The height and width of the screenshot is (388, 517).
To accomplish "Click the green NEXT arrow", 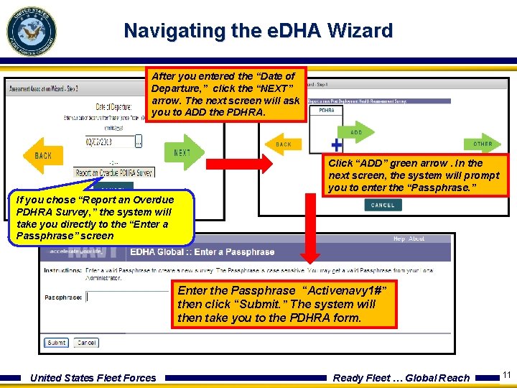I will [184, 152].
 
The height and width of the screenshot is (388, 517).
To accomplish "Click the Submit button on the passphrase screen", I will [56, 343].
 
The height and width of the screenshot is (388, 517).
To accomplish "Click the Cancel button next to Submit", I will [86, 343].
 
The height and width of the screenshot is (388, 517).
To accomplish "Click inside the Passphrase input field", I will [129, 296].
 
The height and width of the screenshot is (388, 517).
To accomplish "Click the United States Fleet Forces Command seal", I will [31, 31].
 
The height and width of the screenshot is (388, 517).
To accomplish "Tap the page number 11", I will [506, 375].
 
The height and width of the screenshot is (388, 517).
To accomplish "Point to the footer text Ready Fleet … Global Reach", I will [401, 378].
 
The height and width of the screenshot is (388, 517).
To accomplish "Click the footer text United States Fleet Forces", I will [93, 378].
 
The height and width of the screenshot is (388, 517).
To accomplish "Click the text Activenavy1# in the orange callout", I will [348, 291].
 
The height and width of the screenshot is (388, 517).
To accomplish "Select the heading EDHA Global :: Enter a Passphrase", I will [202, 252].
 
